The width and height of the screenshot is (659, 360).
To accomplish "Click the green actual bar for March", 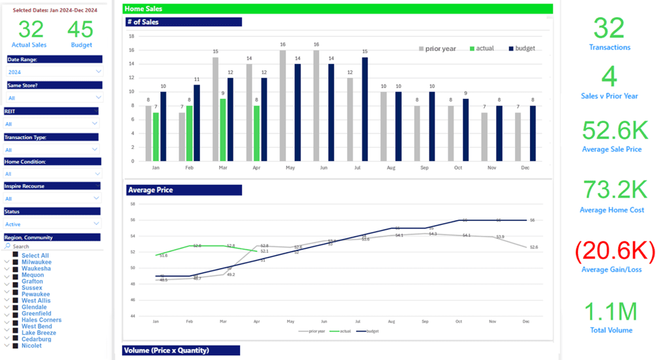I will [x=222, y=130].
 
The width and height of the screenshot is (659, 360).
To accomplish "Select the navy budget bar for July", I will [x=365, y=109].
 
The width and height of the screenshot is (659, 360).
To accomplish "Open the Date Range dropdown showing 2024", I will [x=55, y=72].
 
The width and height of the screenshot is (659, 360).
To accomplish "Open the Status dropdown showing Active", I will [x=55, y=224].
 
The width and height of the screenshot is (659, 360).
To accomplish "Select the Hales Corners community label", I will [x=41, y=320].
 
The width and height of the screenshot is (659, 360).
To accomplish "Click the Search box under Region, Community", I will [x=55, y=246].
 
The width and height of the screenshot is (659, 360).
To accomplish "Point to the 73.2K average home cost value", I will [x=612, y=191].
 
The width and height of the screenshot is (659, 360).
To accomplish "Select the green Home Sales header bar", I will [x=337, y=9].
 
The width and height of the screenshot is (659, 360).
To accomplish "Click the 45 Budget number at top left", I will [x=81, y=29].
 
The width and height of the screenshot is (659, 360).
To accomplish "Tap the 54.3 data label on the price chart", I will [x=433, y=234].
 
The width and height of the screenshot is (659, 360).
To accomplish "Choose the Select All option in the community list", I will [x=35, y=256].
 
